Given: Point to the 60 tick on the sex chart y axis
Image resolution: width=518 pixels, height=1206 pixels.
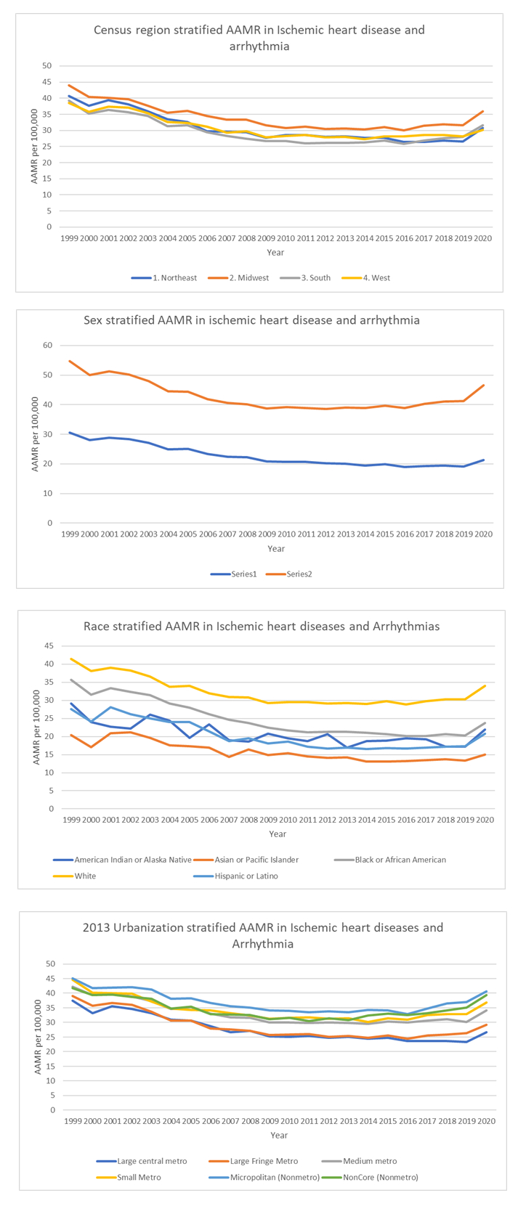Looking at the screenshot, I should [48, 346].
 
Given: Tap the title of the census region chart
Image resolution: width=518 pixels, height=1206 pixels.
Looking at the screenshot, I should [259, 38].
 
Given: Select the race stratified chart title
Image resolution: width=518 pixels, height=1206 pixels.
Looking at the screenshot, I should [262, 626].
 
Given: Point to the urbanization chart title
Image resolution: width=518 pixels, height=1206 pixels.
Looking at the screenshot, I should [263, 935].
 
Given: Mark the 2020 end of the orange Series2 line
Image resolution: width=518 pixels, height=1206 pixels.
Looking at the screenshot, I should [484, 386].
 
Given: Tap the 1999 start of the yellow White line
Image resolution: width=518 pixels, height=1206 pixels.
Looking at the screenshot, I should [70, 659].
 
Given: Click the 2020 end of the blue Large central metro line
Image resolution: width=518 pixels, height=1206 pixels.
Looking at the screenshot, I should [487, 1032].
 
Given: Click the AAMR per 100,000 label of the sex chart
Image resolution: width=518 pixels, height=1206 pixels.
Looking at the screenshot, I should [35, 433].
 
